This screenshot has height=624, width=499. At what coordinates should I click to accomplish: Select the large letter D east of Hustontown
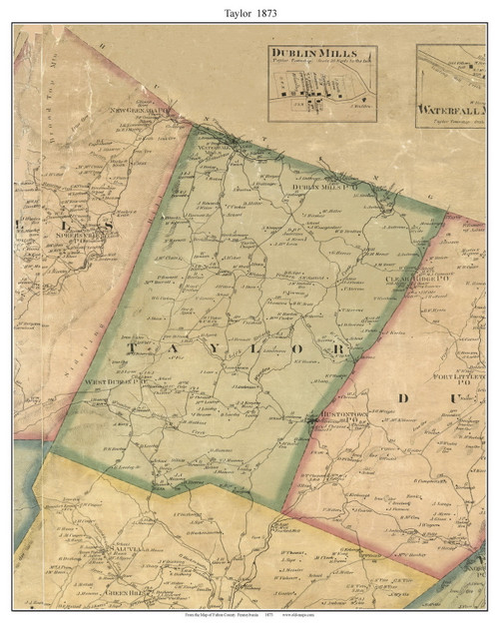pos(405,398)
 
